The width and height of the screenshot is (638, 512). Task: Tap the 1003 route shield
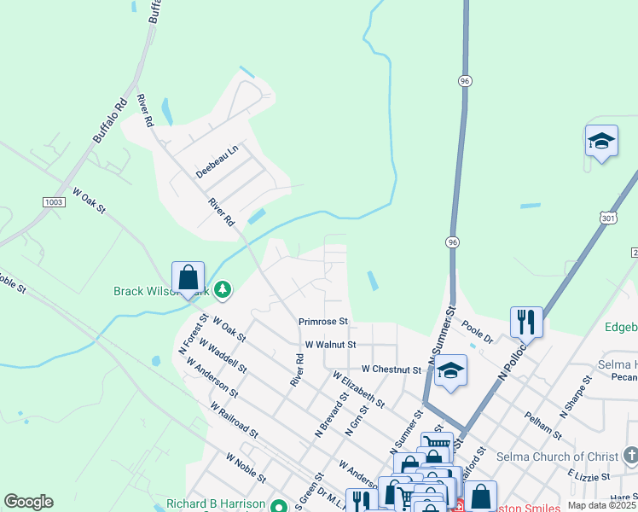pyautogui.click(x=54, y=201)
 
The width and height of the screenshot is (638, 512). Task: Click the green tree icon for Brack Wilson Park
pyautogui.click(x=222, y=290)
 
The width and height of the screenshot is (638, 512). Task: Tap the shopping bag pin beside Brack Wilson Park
pyautogui.click(x=188, y=278)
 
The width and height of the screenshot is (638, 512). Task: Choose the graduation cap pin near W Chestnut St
pyautogui.click(x=450, y=371)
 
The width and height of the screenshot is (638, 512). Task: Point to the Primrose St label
pyautogui.click(x=323, y=322)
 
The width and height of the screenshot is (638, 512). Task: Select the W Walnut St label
pyautogui.click(x=330, y=345)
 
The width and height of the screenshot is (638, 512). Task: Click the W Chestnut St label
pyautogui.click(x=391, y=369)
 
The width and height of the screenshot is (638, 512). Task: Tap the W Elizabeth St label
pyautogui.click(x=358, y=388)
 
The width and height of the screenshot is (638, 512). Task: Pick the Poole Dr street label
pyautogui.click(x=478, y=333)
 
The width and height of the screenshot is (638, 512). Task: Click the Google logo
pyautogui.click(x=28, y=502)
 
